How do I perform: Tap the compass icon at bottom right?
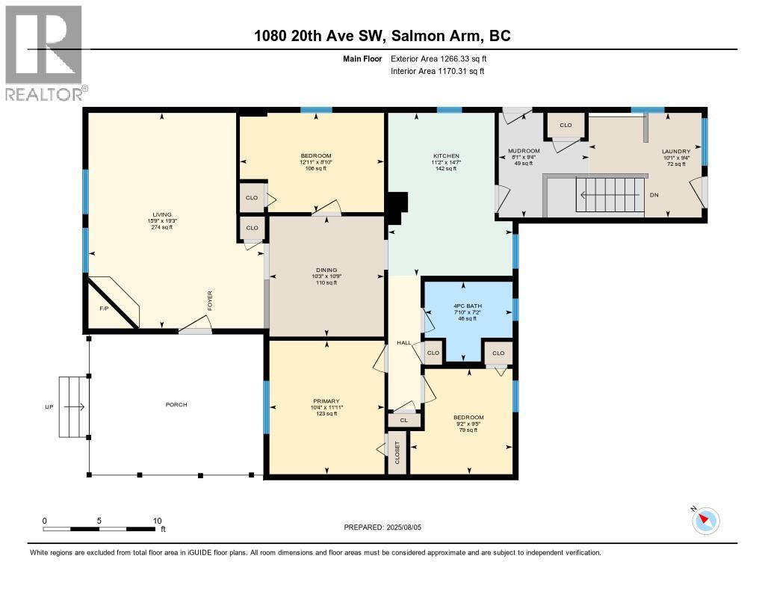click(706, 521)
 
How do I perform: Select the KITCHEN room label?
click(445, 156)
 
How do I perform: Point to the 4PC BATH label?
click(468, 304)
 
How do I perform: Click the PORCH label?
click(176, 404)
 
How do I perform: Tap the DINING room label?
click(326, 270)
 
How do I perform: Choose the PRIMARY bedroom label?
click(326, 400)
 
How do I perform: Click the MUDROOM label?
click(524, 151)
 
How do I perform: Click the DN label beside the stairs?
click(654, 195)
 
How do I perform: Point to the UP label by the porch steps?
click(49, 407)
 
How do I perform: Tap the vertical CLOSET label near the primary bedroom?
click(397, 454)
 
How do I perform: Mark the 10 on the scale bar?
click(157, 520)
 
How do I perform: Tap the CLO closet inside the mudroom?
click(566, 125)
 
